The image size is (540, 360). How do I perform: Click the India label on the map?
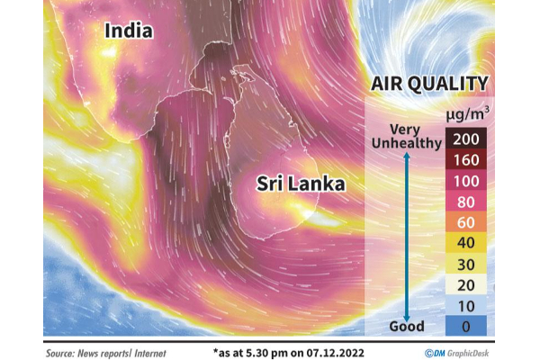coord(129,31)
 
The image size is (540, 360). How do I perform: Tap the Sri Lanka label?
coord(301,184)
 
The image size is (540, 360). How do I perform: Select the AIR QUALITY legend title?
coord(429,85)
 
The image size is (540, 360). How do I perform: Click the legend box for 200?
coord(467,138)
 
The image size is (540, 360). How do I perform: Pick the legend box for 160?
coord(467,158)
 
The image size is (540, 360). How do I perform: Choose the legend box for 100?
coord(467,179)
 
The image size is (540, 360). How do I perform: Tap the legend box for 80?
coord(467,200)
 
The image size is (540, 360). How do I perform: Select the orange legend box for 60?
coord(467,220)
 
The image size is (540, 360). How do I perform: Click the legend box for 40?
coord(467,241)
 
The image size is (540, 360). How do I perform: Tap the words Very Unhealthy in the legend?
coord(406,136)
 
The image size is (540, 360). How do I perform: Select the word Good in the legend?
coord(406,326)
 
